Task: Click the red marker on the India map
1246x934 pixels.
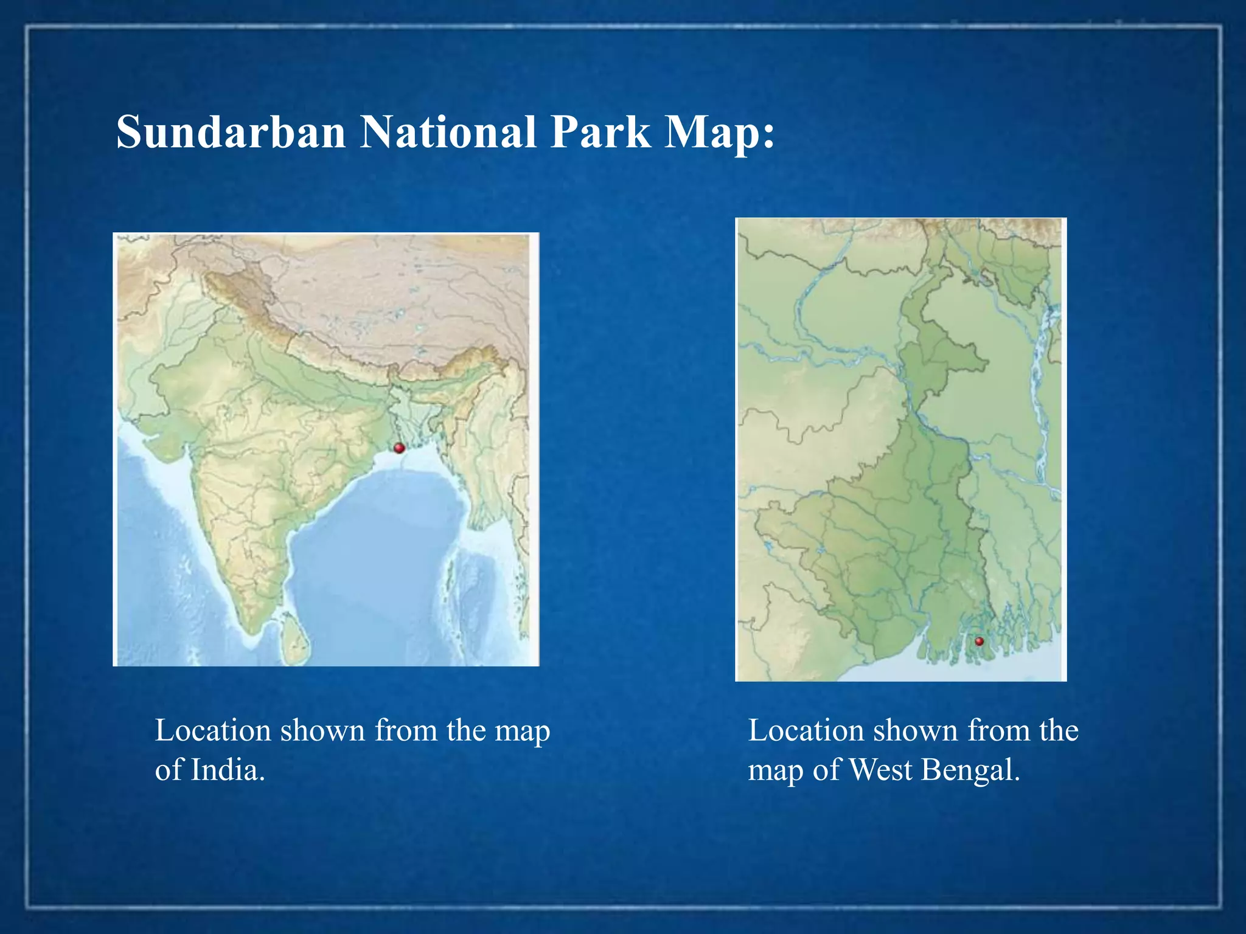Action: pos(399,448)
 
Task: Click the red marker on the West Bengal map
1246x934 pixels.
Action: pos(979,641)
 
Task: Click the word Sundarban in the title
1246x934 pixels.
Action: pos(231,132)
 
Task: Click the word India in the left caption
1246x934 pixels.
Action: pos(228,770)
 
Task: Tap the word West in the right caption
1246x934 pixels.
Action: pos(880,770)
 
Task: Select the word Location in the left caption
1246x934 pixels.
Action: pos(213,730)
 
